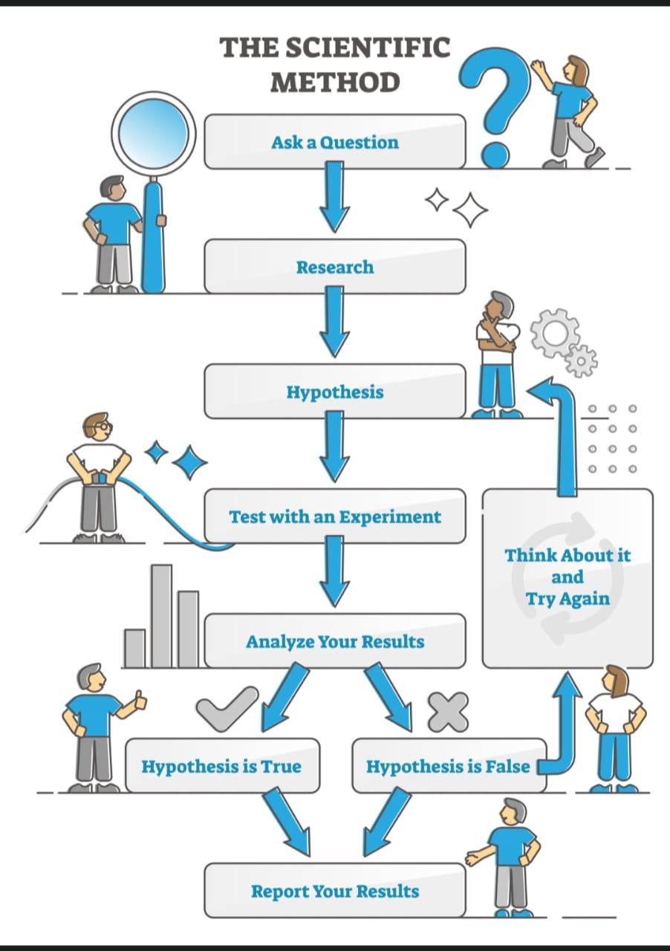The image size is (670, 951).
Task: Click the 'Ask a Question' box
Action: pos(334,141)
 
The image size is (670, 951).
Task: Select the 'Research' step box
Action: pos(334,266)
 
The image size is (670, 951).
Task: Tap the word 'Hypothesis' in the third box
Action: pos(335,392)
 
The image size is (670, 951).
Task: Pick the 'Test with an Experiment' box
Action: pos(334,516)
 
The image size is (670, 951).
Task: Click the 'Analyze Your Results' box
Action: pos(334,640)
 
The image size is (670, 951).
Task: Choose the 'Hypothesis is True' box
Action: pos(221,765)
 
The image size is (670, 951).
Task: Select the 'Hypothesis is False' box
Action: pos(448,765)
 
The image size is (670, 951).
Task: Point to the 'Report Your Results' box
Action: pos(334,890)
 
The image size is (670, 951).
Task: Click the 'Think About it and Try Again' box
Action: pos(567,577)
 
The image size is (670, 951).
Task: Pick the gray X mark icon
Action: pos(448,710)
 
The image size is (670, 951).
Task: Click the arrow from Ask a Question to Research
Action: pos(334,196)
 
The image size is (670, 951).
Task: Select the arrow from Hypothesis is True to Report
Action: pos(286,821)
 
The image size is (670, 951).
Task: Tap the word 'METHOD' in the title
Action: pos(334,82)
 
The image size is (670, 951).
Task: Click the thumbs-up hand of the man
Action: pos(139,699)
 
